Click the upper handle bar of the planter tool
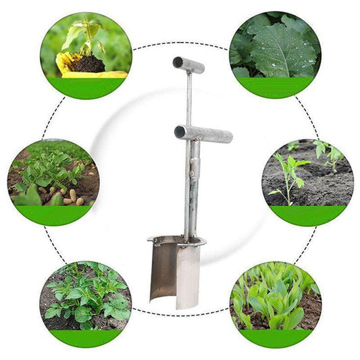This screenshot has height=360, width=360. [x=190, y=66]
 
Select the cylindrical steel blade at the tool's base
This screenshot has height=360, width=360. [x=178, y=274]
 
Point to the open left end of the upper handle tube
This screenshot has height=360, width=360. [x=176, y=62]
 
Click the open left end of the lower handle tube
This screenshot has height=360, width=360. [x=180, y=131]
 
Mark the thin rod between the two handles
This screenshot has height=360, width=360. [x=188, y=98]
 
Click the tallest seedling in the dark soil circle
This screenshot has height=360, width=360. [x=288, y=172]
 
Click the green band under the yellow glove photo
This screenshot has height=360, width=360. [x=86, y=87]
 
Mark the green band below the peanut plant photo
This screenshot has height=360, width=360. [x=54, y=215]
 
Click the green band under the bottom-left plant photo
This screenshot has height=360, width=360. [x=85, y=338]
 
